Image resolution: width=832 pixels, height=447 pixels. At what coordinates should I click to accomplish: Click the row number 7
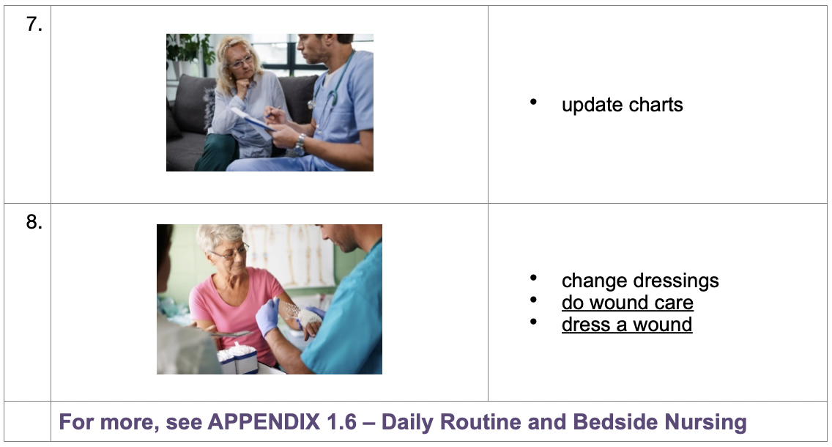[x=34, y=24]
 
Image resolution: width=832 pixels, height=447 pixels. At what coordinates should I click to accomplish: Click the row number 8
[x=34, y=222]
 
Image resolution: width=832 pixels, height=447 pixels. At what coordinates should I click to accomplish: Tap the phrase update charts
[x=622, y=105]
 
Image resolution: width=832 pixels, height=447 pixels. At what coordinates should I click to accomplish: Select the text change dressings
[x=640, y=281]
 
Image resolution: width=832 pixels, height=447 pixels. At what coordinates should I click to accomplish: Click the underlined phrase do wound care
[x=627, y=303]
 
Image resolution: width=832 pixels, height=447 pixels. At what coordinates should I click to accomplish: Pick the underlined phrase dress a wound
[x=627, y=325]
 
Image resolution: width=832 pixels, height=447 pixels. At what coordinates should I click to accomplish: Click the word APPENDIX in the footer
[x=264, y=422]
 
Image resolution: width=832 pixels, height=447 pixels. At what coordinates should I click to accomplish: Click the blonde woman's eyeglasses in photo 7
[x=242, y=62]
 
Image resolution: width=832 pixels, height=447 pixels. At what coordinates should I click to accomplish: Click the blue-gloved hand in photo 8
[x=268, y=317]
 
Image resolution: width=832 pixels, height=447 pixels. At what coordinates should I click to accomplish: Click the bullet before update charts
[x=533, y=102]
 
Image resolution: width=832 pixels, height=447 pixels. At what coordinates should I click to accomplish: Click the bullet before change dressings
[x=533, y=278]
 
